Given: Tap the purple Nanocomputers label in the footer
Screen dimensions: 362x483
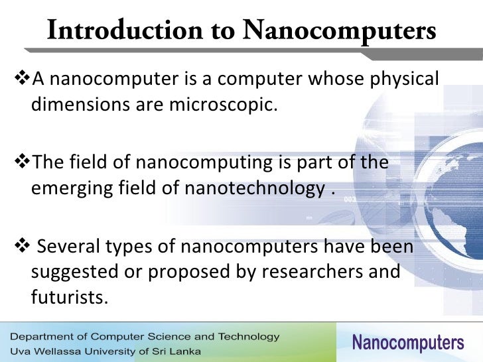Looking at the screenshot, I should tap(407, 343).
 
